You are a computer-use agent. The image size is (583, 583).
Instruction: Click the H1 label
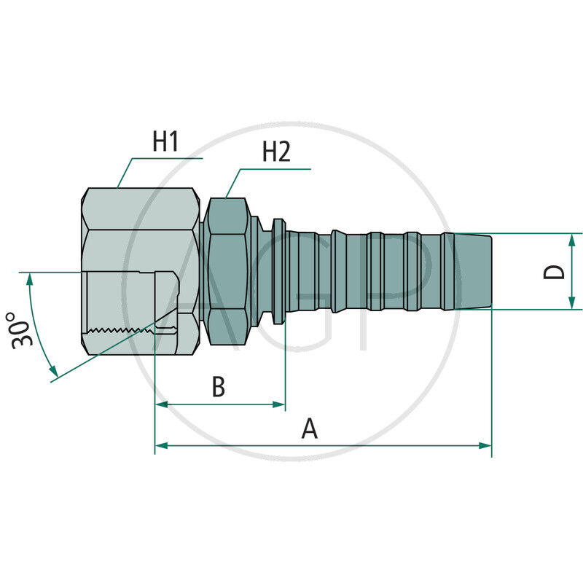165,141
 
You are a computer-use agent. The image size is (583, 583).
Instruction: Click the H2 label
275,152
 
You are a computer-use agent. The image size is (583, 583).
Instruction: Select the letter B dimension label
218,388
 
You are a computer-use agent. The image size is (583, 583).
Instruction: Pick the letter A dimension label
310,429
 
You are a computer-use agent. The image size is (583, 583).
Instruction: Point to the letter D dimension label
555,272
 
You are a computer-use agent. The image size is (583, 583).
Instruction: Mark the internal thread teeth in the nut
120,332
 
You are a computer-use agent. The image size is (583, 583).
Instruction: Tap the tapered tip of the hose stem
475,271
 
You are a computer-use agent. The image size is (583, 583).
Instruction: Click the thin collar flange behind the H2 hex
278,271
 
